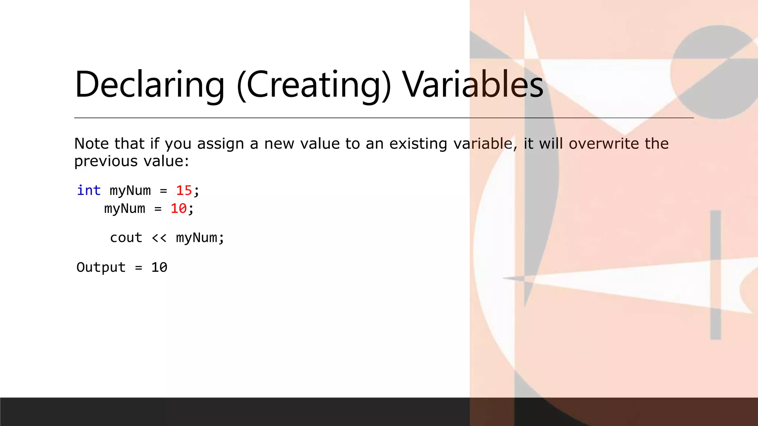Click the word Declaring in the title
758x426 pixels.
(x=150, y=85)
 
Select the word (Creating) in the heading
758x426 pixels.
(x=313, y=85)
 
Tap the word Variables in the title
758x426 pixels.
(x=473, y=85)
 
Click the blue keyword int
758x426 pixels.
(x=89, y=190)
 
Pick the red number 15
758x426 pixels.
(x=184, y=190)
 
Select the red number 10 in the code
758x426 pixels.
(x=178, y=209)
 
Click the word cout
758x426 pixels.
(x=126, y=238)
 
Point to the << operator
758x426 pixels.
(x=159, y=238)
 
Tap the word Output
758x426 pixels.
(x=101, y=267)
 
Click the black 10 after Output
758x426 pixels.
(x=159, y=267)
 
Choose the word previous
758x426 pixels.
(x=106, y=161)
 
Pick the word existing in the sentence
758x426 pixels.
(x=418, y=143)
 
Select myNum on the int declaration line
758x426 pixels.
(x=130, y=190)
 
